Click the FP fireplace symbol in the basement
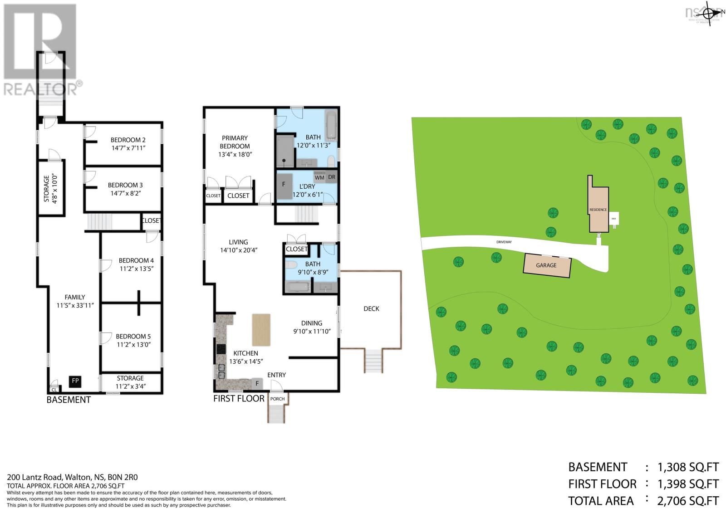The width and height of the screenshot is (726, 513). tap(75, 381)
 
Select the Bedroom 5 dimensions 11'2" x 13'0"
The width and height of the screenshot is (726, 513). tap(133, 344)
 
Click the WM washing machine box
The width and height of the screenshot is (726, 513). tap(319, 177)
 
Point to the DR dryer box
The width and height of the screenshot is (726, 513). tap(332, 177)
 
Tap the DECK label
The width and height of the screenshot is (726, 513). tap(371, 308)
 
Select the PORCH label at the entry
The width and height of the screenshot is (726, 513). tap(277, 399)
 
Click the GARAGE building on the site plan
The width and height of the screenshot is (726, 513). tap(547, 265)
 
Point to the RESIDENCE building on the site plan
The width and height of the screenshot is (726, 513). tap(598, 210)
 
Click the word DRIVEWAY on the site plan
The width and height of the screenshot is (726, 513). tap(504, 242)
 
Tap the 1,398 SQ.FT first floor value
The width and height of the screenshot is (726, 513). tap(688, 484)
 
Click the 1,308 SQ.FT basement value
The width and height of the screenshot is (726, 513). tap(688, 467)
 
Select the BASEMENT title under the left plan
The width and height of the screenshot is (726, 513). tap(69, 400)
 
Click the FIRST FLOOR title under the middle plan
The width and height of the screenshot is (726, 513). tap(239, 398)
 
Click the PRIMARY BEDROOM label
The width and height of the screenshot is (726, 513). tap(235, 142)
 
